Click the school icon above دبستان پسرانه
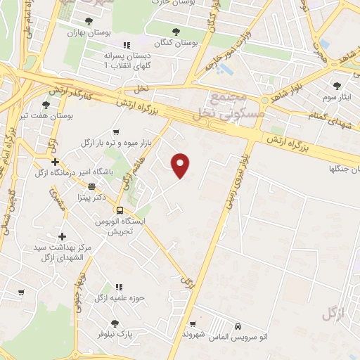126,46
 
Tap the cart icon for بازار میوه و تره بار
117,131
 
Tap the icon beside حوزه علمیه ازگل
119,287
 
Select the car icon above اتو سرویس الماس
238,327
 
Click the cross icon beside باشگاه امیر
56,162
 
